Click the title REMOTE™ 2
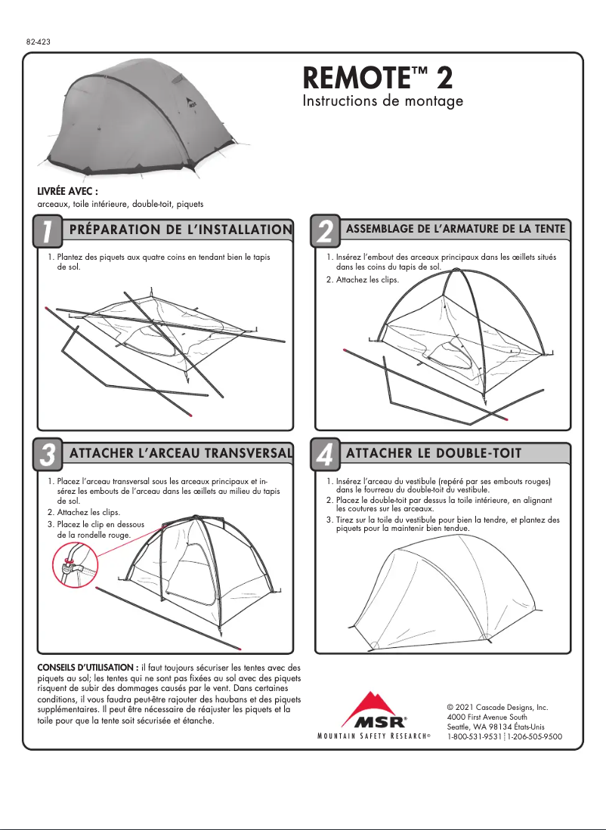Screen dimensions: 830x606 pos(377,77)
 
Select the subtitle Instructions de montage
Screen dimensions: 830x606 pos(382,101)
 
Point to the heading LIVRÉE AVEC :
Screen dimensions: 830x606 pos(68,192)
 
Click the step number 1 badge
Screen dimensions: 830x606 pos(47,232)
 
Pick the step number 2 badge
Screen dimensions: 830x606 pos(325,232)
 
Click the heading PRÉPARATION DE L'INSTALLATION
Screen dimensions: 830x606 pos(180,230)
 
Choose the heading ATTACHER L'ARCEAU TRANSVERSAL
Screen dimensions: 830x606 pos(180,453)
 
